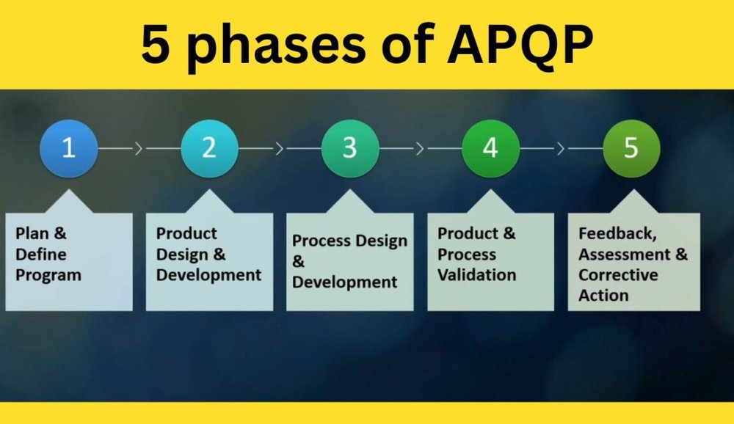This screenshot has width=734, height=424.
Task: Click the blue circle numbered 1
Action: pos(68,148)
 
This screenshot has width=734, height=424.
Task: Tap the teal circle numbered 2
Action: pos(209,148)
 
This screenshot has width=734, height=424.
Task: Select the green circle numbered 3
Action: pos(349,148)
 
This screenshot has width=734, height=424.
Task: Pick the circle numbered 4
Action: pos(490,148)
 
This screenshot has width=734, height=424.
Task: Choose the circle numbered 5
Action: pos(631,148)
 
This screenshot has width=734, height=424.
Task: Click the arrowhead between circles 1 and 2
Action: pos(139,149)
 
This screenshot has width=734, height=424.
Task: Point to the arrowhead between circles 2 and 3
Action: pos(280,149)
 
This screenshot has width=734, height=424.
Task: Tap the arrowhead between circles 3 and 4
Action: pos(420,149)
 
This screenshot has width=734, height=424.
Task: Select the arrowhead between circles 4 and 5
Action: pos(561,149)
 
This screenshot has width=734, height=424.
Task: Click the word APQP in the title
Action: pos(520,45)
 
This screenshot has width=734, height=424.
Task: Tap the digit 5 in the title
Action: pos(155,45)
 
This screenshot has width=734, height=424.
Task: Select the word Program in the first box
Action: pos(48,276)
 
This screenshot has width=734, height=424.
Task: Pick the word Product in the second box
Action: pos(186,233)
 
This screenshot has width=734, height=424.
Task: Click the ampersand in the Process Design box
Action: pos(298,261)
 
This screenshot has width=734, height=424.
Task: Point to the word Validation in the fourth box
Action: pos(476,275)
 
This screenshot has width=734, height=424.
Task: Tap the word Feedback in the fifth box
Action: pos(615,235)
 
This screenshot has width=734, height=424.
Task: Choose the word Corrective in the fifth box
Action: pos(618,275)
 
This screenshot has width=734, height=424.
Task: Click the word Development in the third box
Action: pos(345,282)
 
